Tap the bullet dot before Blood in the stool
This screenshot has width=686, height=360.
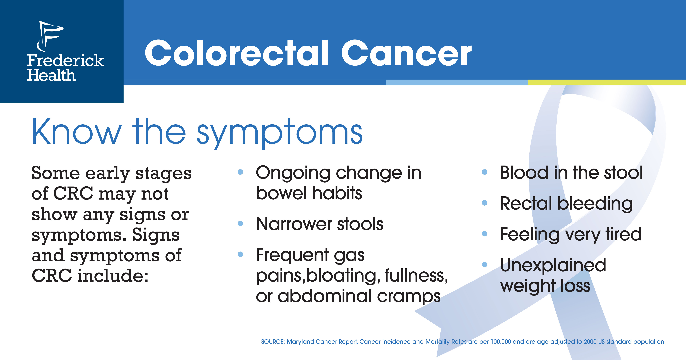tap(485, 172)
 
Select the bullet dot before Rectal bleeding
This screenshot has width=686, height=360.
tap(485, 203)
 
